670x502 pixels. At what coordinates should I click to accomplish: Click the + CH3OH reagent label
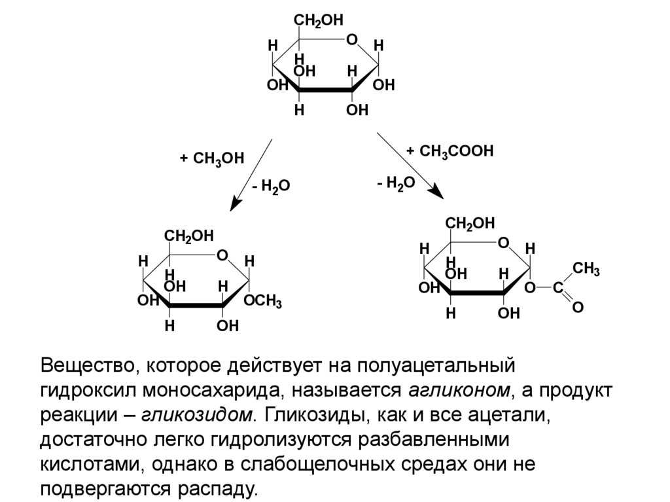tap(211, 158)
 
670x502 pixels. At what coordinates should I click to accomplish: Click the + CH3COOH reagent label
tap(449, 151)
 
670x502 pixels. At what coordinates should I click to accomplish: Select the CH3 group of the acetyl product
tap(586, 268)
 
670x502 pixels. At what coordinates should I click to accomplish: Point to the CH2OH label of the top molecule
tap(318, 21)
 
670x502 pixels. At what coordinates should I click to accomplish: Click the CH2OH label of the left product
tap(188, 236)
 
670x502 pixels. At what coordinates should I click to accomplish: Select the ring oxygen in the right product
tap(503, 243)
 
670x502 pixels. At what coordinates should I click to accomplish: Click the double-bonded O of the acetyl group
tap(578, 306)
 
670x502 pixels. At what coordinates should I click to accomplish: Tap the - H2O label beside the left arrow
tap(270, 187)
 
